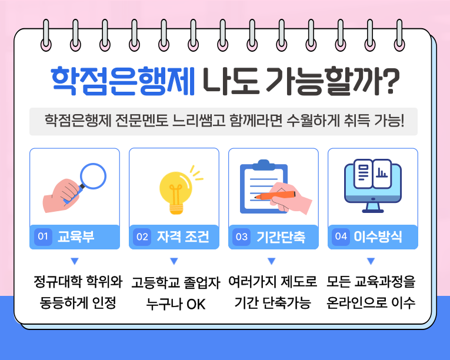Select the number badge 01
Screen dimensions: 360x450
point(42,237)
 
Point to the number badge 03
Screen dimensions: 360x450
point(241,237)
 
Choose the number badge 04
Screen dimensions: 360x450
point(341,236)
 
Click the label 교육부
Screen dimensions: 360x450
point(76,237)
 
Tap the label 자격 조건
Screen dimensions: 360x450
point(183,237)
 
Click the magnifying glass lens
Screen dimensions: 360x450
point(92,175)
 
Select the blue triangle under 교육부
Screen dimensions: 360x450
point(74,261)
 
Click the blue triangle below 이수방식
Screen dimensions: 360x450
point(371,261)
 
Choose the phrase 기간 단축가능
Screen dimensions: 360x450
point(272,304)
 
